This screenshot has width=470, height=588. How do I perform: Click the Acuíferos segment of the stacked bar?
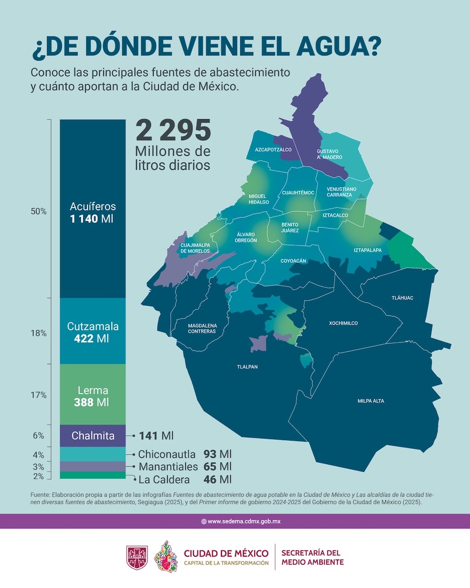(x=92, y=209)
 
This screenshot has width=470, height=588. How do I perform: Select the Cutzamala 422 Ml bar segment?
(x=92, y=331)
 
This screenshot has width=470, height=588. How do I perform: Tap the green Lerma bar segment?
(x=92, y=396)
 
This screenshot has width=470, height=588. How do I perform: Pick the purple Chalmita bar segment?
(x=92, y=435)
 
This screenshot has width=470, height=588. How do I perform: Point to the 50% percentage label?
(x=39, y=212)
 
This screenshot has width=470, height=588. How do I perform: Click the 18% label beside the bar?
(x=39, y=333)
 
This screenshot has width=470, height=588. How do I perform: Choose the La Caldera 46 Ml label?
(x=184, y=479)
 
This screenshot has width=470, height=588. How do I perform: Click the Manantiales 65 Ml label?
(x=184, y=467)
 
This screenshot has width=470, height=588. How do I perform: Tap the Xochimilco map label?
(x=343, y=324)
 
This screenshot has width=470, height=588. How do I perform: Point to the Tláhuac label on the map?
(x=402, y=298)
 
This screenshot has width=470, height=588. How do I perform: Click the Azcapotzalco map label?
(x=273, y=149)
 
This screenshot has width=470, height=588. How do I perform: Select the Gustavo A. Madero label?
(x=329, y=154)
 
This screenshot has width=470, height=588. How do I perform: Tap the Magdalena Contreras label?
(x=202, y=328)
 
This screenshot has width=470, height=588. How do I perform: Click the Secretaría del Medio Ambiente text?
(x=312, y=557)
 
